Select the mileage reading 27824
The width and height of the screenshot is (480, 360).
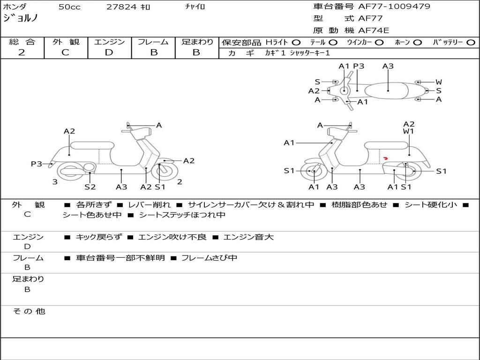pos(122,7)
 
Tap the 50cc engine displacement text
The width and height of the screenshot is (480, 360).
pos(69,7)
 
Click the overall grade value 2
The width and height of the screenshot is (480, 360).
pos(22,52)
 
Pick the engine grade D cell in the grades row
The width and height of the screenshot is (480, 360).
pos(109,52)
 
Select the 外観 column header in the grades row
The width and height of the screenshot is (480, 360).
pos(66,42)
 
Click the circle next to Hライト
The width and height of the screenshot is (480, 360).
pos(296,43)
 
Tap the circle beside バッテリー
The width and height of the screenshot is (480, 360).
pos(471,43)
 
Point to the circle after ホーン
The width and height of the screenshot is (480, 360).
pos(417,43)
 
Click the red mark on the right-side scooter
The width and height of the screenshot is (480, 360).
pos(385,158)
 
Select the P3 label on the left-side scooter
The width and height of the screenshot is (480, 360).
pos(37,164)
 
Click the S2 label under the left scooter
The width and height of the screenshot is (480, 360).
pos(90,187)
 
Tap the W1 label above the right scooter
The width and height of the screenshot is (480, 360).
pos(409,131)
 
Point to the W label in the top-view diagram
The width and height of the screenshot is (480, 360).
pos(439,82)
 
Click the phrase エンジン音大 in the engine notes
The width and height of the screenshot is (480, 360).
pos(248,237)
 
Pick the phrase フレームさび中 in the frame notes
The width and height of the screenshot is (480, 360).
pos(209,258)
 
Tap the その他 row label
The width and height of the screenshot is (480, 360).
pos(29,311)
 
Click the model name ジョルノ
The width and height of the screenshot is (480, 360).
pos(21,18)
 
